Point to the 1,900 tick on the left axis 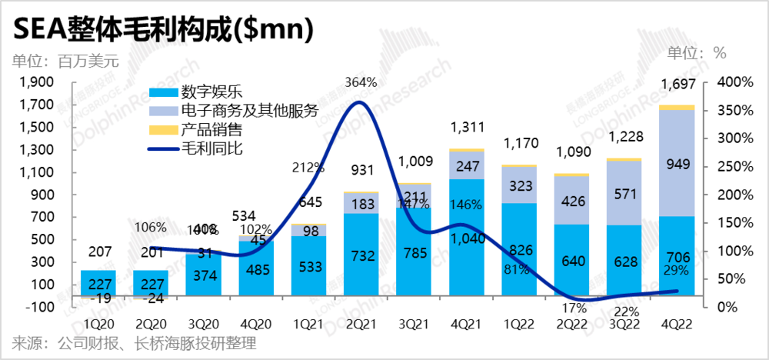click(x=35, y=82)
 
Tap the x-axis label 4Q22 click(x=677, y=324)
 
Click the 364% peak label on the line click(x=361, y=82)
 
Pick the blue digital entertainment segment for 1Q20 click(x=98, y=281)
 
